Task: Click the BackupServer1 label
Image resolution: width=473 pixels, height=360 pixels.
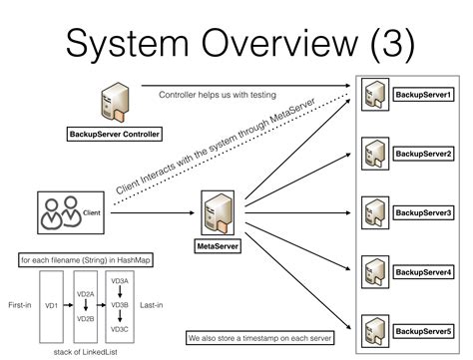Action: click(422, 95)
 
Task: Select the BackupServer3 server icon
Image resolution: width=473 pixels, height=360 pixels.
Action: click(373, 213)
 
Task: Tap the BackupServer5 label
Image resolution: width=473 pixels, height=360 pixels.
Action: click(422, 331)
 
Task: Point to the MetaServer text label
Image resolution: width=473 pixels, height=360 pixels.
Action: click(217, 244)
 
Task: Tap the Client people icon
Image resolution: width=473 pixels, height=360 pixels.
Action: click(60, 211)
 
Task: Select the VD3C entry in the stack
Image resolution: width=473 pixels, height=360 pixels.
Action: click(120, 328)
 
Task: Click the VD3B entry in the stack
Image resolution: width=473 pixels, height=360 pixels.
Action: click(120, 305)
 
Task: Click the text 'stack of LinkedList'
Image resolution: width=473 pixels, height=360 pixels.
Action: click(86, 352)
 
